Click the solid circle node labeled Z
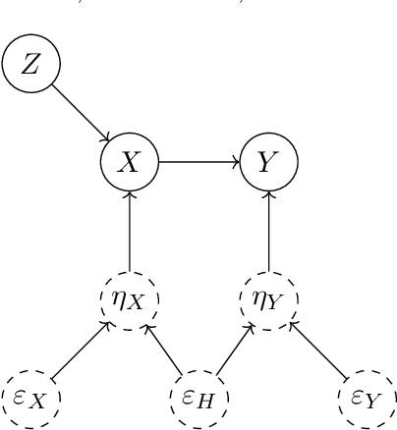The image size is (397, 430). pos(30,66)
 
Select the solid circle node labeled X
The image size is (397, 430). pos(130,162)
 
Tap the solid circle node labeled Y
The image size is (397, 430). pos(268,162)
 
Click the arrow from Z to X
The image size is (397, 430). pos(81,114)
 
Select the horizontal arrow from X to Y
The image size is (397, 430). pos(198,162)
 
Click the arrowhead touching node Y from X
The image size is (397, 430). pos(237,162)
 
